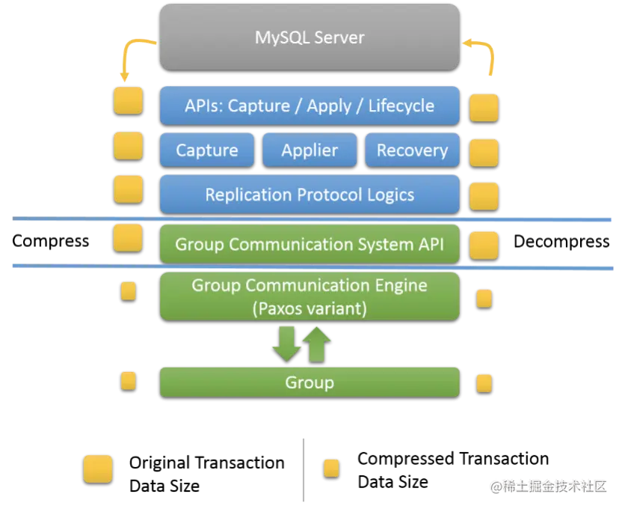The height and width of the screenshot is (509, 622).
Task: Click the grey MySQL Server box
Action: click(310, 37)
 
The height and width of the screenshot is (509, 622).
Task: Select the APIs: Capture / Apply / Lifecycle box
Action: click(310, 106)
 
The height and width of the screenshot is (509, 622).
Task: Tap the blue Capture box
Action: click(207, 150)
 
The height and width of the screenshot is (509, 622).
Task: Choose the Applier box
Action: click(310, 150)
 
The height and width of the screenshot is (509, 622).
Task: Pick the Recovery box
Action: click(412, 150)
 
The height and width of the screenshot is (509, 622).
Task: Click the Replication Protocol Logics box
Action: click(310, 195)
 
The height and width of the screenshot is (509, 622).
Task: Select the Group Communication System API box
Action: click(310, 244)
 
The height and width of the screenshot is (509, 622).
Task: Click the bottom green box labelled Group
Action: click(310, 382)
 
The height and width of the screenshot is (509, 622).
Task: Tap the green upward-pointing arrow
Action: click(317, 344)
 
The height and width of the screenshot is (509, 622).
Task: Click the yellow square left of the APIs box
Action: click(128, 100)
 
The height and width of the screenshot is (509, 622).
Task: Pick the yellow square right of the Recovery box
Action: click(484, 152)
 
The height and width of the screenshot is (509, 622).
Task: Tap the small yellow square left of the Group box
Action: click(129, 381)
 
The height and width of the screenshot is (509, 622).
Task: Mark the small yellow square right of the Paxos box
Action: click(484, 298)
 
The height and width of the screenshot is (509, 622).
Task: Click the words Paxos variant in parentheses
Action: click(310, 308)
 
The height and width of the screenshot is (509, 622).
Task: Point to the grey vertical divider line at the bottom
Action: click(302, 469)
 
